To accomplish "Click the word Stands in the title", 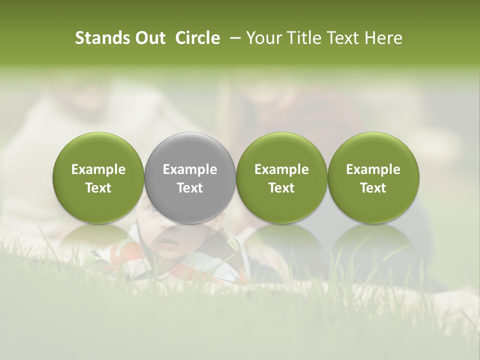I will point(97,38).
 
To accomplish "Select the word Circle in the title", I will point(197,38).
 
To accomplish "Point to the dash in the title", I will point(233,38).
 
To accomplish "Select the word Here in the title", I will point(383,38).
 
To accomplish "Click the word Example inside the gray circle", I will point(190,169).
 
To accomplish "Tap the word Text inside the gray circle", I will point(190,188).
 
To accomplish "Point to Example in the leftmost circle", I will point(98,169).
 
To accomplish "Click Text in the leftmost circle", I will point(98,188).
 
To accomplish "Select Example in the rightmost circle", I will point(373,169).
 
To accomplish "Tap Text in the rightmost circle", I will point(373,188).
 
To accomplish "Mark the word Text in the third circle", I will point(281,188).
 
